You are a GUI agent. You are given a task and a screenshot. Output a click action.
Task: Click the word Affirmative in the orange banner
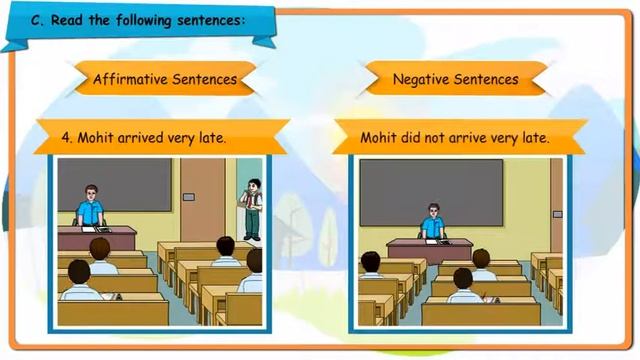128,78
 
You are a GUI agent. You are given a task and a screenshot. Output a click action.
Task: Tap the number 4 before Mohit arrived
66,138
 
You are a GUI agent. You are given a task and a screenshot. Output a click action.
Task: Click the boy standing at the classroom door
254,208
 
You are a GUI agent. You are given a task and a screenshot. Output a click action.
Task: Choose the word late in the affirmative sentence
212,138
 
